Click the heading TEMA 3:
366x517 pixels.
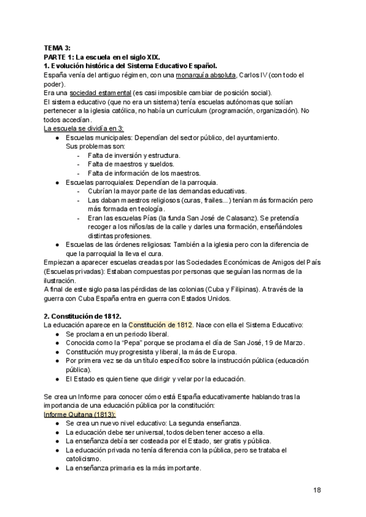(x=57, y=48)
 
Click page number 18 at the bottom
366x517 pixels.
(x=317, y=490)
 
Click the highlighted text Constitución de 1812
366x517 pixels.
(x=161, y=326)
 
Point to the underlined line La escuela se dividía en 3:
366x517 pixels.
(x=84, y=128)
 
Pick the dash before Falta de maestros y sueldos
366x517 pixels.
(x=79, y=164)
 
